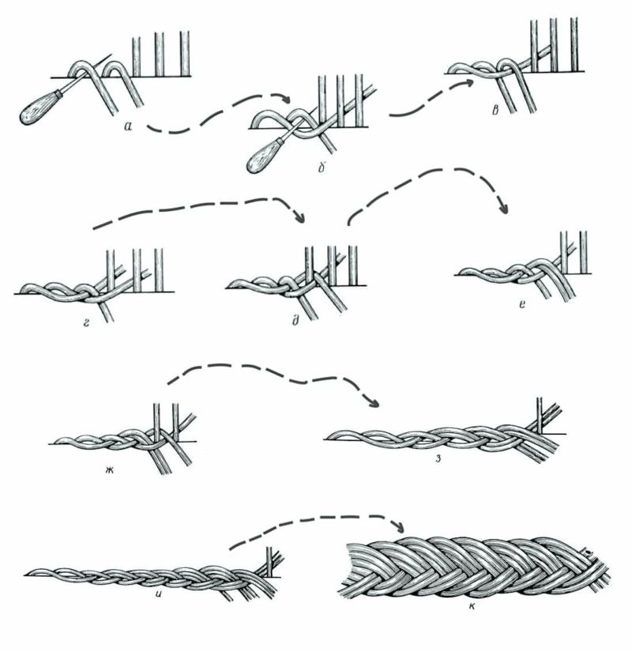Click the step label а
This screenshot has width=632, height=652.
pos(128,125)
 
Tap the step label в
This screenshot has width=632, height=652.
pos(495,111)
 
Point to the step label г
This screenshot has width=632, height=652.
pos(86,322)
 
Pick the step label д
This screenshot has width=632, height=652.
pos(296,320)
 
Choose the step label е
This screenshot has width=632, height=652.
pos(522,305)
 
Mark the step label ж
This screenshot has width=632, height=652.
pos(109,471)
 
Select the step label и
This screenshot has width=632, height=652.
pos(159,603)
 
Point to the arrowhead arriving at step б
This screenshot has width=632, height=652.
pos(286,100)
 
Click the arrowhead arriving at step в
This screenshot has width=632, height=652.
pos(468,83)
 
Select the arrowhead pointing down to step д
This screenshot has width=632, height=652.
pos(299,217)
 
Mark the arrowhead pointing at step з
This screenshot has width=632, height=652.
pos(373,402)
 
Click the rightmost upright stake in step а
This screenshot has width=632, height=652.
pos(185,54)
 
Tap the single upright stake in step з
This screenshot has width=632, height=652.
pos(540,416)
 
